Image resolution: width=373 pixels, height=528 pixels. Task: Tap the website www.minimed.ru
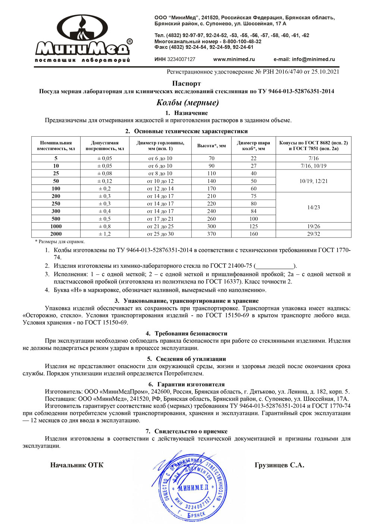(x=234, y=59)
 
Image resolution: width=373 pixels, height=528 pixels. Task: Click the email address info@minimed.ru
(x=304, y=59)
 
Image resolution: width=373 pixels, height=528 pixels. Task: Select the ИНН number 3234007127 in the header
(x=181, y=59)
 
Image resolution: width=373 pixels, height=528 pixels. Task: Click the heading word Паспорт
(x=186, y=83)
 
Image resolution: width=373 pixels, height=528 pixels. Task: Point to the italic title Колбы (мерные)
(x=187, y=102)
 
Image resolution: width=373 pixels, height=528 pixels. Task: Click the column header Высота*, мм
(x=211, y=146)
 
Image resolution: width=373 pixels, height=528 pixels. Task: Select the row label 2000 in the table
(x=56, y=234)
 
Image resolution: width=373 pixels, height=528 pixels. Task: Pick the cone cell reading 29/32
(x=314, y=234)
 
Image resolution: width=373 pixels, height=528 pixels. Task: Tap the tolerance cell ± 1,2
(x=104, y=234)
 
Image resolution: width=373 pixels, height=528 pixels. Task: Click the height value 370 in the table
(x=211, y=234)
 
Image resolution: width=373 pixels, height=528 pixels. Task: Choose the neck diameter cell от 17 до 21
(x=160, y=219)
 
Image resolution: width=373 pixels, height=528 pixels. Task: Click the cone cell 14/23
(x=314, y=207)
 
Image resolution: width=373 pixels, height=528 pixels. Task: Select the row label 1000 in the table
(x=56, y=226)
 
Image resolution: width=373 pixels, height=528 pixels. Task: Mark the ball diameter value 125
(x=254, y=226)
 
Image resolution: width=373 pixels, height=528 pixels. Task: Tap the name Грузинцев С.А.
(x=279, y=465)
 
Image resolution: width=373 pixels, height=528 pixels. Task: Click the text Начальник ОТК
(x=77, y=465)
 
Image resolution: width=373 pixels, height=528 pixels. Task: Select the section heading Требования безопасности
(x=191, y=333)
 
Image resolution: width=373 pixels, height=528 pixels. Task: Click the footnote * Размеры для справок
(x=60, y=242)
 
